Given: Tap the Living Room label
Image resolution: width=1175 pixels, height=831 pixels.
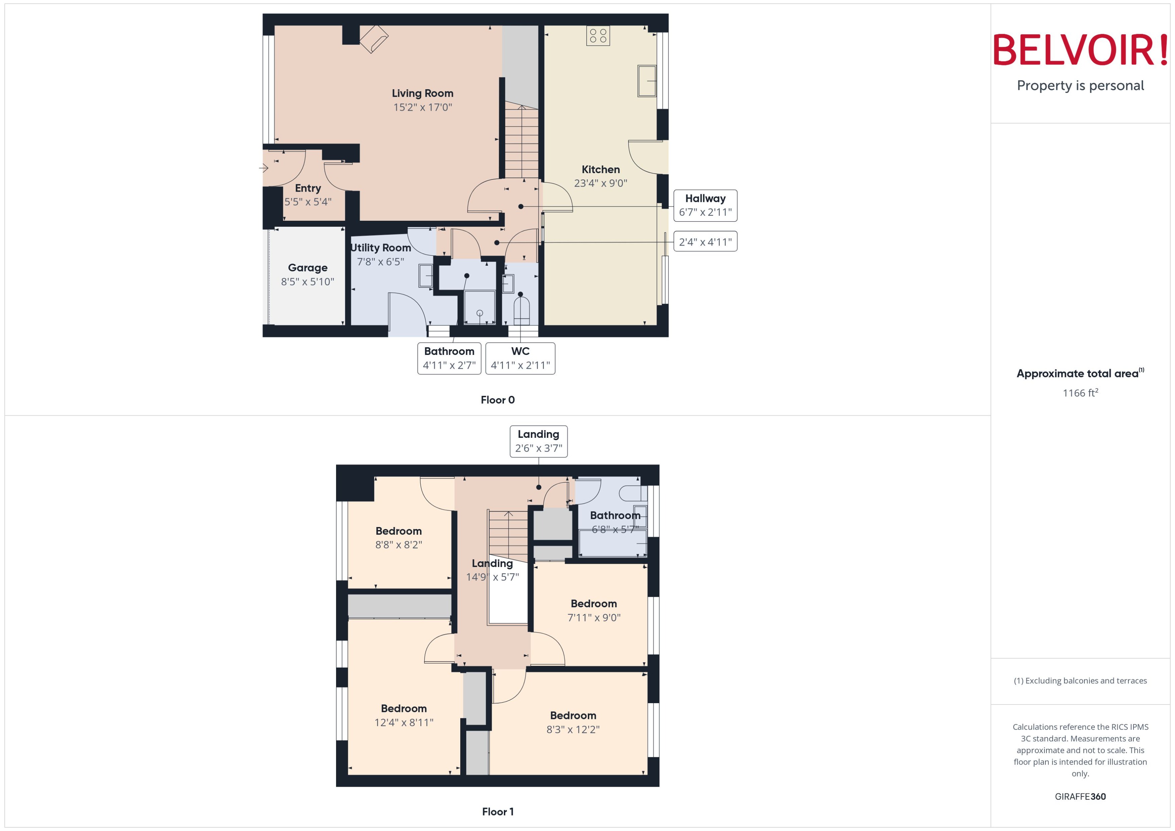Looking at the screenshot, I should click(x=422, y=93).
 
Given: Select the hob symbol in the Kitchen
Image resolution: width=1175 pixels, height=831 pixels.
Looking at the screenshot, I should click(x=598, y=35).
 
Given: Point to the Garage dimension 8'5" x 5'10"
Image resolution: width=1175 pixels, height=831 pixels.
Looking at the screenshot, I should click(x=307, y=281).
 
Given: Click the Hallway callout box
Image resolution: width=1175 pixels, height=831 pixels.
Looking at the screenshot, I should click(x=705, y=205).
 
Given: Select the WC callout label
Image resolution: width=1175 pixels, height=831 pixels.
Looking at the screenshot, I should click(x=520, y=358).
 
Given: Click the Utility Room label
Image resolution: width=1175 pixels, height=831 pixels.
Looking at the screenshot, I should click(x=380, y=248).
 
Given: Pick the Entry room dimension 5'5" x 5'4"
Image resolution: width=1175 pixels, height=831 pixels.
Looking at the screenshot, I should click(x=308, y=202).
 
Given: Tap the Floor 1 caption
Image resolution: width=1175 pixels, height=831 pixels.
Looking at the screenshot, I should click(x=497, y=812).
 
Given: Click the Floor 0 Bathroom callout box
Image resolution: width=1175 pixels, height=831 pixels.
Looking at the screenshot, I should click(x=449, y=358).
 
